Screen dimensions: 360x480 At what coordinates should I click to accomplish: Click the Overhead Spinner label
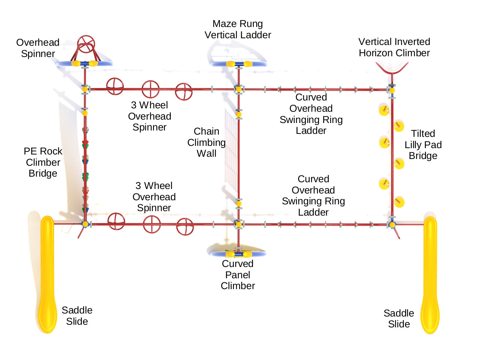[38, 48]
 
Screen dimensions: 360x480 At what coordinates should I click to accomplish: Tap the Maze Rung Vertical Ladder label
[238, 29]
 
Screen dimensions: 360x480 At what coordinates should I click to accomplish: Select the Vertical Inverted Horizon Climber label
[394, 47]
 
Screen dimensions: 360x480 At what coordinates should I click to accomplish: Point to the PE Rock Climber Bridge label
[43, 162]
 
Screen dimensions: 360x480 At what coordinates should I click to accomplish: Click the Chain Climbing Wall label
[206, 142]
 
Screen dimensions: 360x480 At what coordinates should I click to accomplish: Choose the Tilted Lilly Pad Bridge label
[423, 144]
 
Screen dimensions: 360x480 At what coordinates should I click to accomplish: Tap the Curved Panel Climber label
[238, 274]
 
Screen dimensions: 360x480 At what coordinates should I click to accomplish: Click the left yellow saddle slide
[47, 274]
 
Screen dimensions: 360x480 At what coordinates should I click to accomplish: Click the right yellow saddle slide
[430, 274]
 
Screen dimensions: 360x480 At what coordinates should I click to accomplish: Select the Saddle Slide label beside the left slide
[77, 315]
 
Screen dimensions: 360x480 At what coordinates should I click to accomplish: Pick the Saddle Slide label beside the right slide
[399, 318]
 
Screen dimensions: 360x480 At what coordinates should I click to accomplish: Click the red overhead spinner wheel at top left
[86, 45]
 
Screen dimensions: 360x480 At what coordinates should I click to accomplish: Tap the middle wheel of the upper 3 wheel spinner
[150, 89]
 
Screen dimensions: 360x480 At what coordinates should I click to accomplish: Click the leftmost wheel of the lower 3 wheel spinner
[116, 221]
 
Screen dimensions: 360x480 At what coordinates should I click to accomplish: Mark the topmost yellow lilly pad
[384, 110]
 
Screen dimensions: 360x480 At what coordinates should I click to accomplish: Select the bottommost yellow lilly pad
[399, 202]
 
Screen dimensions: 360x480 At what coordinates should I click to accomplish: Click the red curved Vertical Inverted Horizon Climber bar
[392, 70]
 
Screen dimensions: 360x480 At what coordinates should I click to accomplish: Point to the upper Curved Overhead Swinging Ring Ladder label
[311, 114]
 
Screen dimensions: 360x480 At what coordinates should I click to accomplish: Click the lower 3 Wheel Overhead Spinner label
[154, 196]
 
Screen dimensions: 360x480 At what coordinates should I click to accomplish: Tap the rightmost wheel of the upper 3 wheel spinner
[184, 91]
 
